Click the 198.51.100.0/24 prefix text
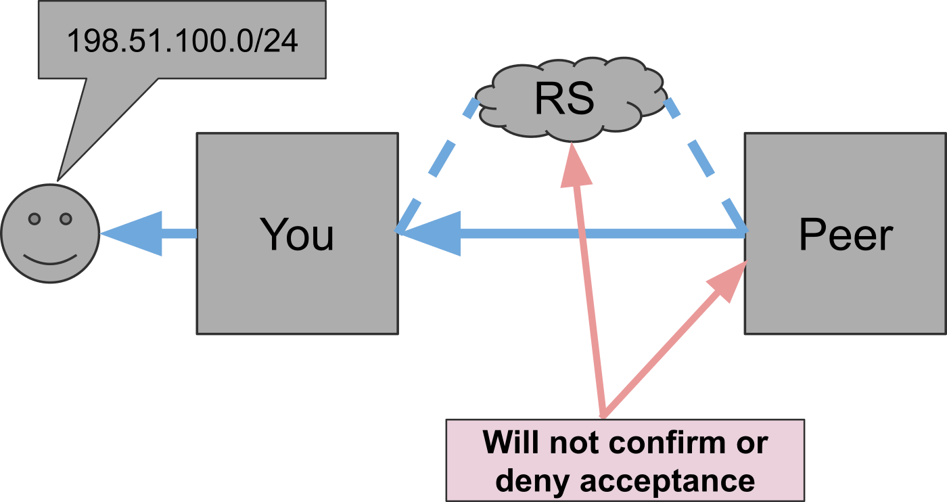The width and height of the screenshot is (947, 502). [182, 41]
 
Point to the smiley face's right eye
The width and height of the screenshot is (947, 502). [66, 219]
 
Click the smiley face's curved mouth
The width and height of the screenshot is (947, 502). [51, 260]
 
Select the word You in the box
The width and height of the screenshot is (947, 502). [298, 235]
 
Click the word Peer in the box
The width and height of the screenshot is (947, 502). [846, 235]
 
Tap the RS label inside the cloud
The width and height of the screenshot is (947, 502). [564, 99]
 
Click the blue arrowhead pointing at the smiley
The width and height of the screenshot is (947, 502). [135, 233]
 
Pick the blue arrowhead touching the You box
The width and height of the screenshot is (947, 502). [433, 233]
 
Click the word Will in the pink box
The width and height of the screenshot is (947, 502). [511, 443]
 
